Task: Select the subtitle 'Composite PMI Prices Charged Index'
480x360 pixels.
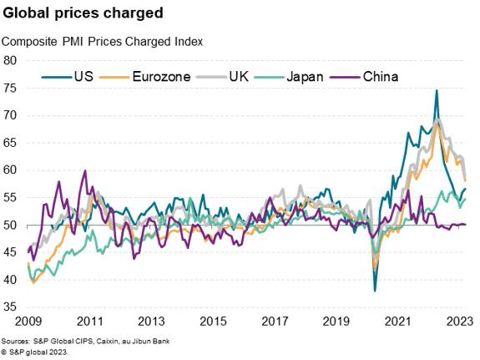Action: [103, 41]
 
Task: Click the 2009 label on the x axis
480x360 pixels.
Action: [28, 322]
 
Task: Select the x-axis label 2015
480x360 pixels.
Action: [213, 322]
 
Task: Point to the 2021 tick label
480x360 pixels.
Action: [398, 322]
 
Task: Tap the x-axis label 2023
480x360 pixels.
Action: [458, 322]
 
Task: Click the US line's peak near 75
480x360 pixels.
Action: [437, 91]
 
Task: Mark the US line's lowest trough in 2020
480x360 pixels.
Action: [375, 291]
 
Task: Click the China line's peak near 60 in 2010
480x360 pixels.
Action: [85, 171]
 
